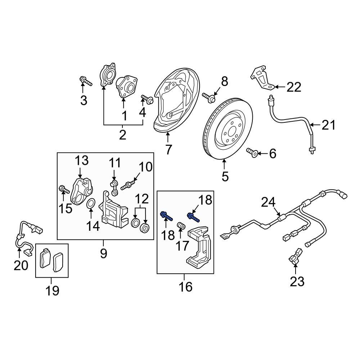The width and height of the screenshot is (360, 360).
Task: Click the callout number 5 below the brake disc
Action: coord(225,176)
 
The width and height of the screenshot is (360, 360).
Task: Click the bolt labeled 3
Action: coord(85,81)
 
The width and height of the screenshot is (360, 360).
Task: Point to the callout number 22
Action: coord(294,87)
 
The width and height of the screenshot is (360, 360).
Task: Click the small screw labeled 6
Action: coord(252,153)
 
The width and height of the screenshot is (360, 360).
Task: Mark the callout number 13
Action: coord(82,161)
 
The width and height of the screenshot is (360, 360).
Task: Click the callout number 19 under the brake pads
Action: coord(52,290)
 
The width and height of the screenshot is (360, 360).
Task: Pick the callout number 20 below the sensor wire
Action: coord(21,265)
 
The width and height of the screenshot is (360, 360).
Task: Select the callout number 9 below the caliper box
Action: coord(103,254)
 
